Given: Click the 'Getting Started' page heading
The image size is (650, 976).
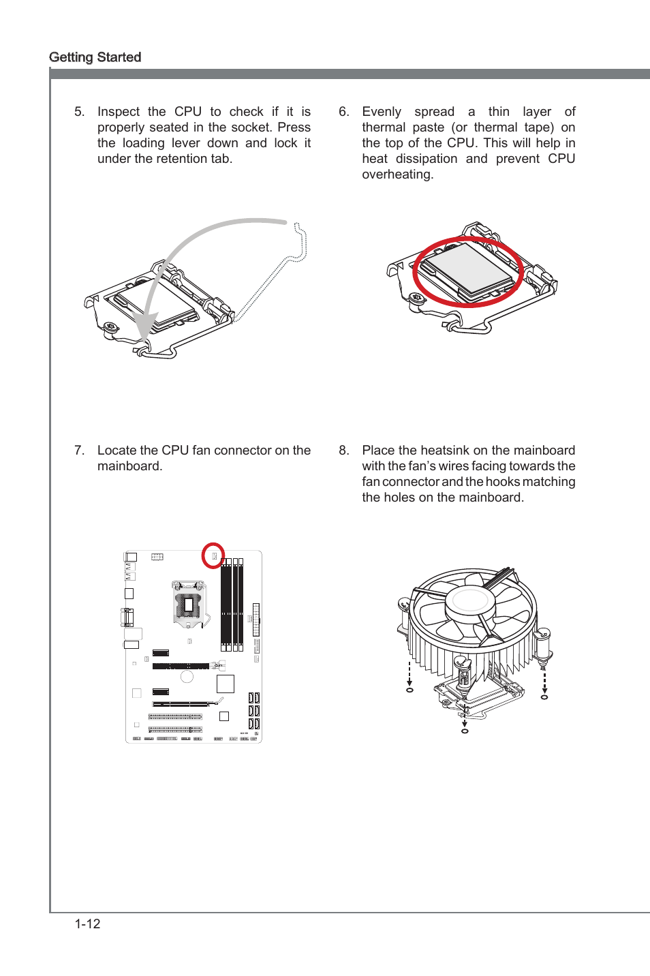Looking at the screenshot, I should tap(95, 57).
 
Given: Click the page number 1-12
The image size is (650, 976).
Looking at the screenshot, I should tap(87, 924).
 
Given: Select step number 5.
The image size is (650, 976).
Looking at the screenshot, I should tap(79, 112).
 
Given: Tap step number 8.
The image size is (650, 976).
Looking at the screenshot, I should tap(343, 451).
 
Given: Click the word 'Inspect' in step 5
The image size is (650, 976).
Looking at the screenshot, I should tap(118, 112).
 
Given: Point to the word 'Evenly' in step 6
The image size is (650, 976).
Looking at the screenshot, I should tap(381, 112).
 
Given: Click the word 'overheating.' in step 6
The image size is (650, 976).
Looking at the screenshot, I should tap(397, 174).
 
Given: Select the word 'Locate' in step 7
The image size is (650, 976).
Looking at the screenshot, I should tap(117, 451).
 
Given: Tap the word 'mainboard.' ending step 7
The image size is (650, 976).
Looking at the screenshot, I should tap(129, 466).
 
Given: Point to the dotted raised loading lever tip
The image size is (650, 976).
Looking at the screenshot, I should tap(300, 232).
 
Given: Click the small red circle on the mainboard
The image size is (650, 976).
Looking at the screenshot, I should tap(213, 555).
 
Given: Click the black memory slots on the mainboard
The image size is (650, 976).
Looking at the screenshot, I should tap(232, 603).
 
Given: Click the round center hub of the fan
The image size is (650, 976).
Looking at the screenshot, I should tap(469, 600).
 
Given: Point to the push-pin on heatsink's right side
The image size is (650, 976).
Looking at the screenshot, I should tap(542, 646).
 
